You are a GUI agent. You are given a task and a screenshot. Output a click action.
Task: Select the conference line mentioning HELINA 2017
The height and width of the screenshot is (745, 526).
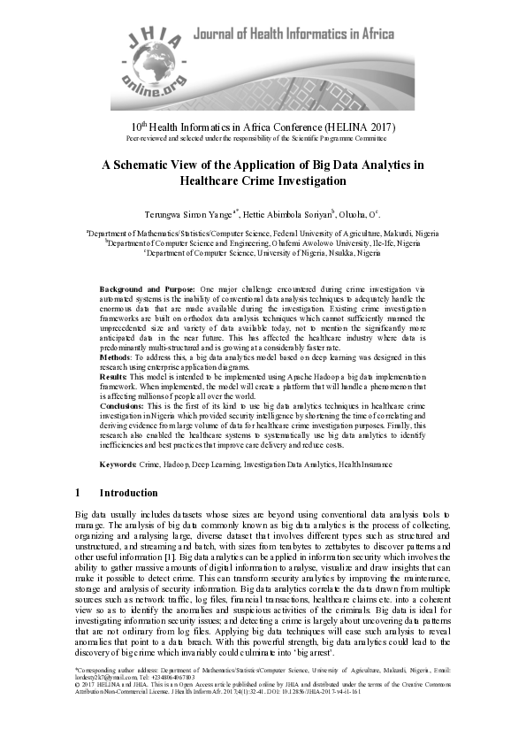263,127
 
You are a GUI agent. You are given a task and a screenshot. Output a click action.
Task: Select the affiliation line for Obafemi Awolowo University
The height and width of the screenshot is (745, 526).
263,242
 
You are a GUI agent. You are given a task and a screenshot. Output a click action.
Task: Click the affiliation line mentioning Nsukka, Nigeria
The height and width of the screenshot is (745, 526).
263,251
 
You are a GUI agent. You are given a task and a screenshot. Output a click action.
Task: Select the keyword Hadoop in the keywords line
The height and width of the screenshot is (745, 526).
179,464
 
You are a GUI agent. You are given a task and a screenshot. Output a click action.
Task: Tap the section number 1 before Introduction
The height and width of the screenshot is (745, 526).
78,493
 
